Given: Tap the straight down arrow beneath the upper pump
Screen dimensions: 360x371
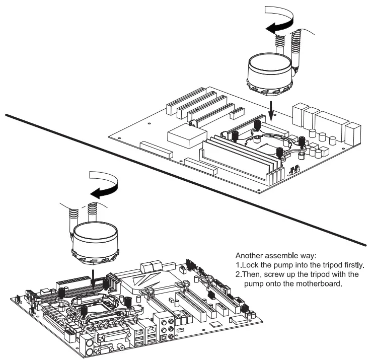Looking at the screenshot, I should pos(271,110).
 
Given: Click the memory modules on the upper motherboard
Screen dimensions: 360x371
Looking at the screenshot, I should pos(237,156).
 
